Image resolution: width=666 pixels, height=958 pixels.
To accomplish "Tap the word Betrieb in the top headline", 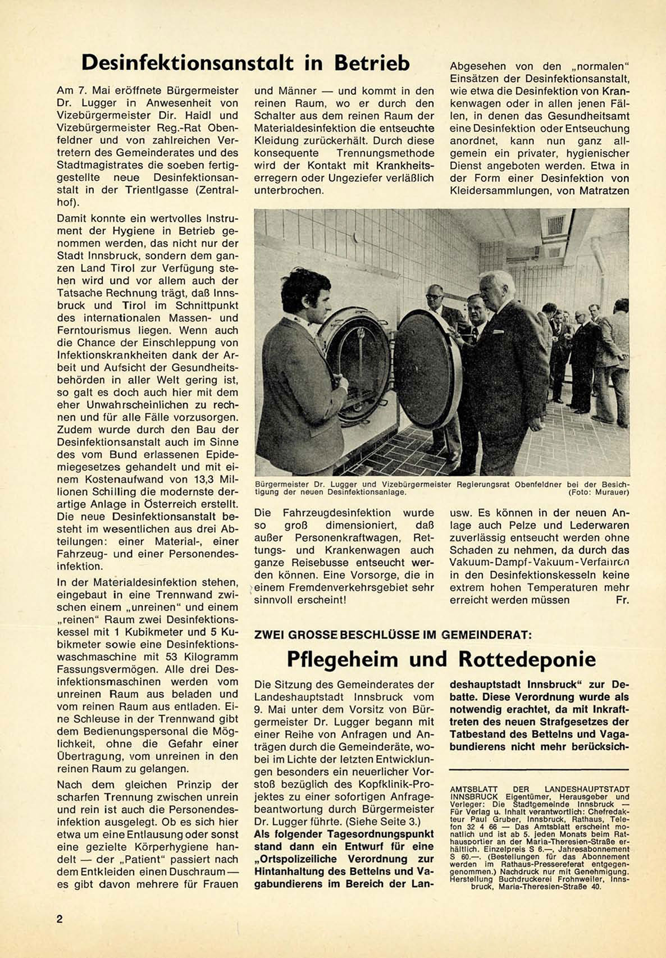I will (x=372, y=63).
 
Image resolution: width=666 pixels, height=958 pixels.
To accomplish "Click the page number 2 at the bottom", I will (x=60, y=919).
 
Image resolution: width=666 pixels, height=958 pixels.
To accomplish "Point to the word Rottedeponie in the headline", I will (x=527, y=659).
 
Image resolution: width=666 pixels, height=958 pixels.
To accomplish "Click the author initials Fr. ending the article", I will (x=622, y=600).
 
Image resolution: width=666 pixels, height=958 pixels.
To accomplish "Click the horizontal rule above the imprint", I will (x=539, y=769).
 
